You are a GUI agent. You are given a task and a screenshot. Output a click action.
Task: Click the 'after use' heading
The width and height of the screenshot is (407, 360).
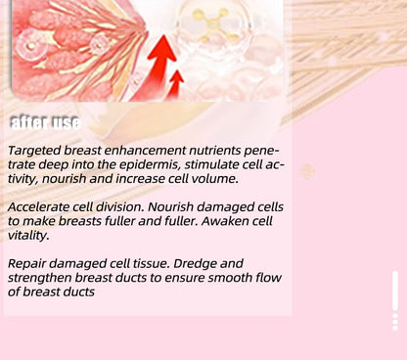coord(44,122)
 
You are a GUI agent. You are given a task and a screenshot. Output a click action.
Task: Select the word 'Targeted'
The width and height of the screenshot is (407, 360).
coord(35,152)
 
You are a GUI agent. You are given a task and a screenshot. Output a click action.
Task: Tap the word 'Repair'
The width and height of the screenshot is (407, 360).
coord(27,264)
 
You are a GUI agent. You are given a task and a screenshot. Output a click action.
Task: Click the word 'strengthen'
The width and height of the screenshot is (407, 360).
coord(41,278)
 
